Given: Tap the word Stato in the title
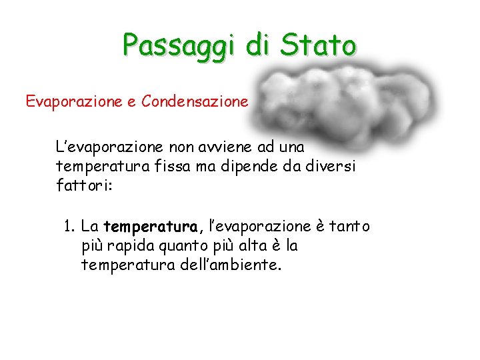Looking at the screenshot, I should click(319, 45).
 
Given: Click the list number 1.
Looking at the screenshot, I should click(69, 227).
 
